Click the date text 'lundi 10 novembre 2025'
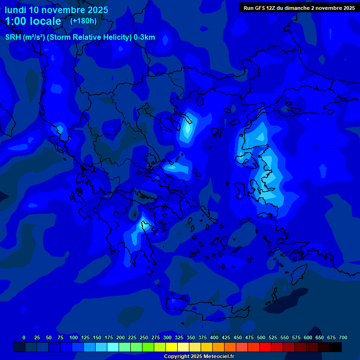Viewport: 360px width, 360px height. coord(56,10)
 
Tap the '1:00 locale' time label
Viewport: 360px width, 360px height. coord(33,21)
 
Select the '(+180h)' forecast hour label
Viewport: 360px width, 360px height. coord(83,21)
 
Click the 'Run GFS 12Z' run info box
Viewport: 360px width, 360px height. coord(299,7)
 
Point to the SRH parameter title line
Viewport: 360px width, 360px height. coord(80,37)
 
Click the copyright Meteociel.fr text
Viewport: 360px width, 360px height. coord(199,356)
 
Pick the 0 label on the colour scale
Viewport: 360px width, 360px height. coord(24,337)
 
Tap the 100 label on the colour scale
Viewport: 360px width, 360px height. coord(74,337)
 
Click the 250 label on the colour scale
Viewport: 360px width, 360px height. coord(144,337)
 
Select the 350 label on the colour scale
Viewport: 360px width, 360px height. coord(191,337)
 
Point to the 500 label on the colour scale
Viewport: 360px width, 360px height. coord(261,337)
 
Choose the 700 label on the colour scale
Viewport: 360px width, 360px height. coord(343,337)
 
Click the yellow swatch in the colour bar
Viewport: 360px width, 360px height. coord(172,347)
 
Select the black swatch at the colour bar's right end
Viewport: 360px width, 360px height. coord(336,347)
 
